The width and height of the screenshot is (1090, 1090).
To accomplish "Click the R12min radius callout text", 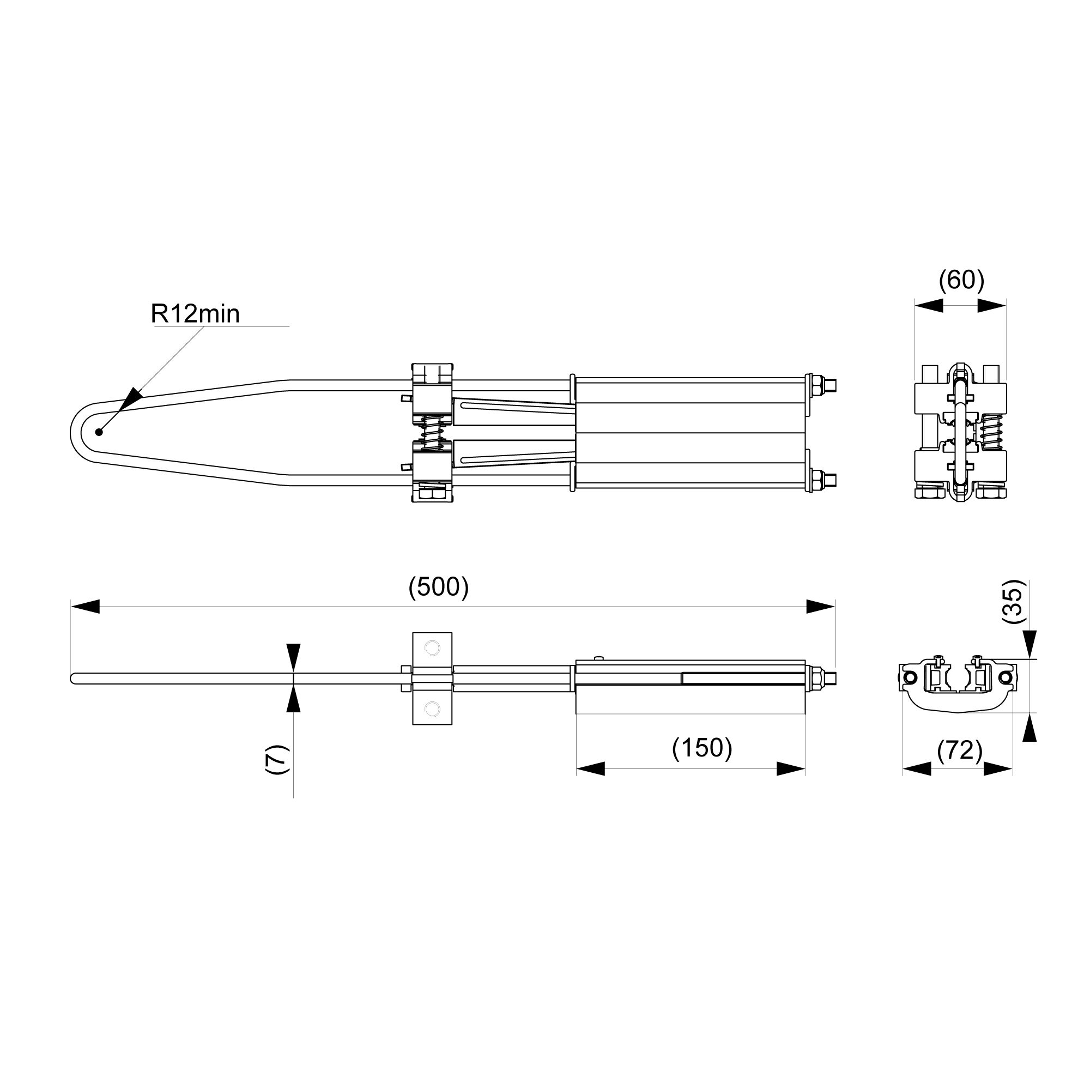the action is [x=195, y=314].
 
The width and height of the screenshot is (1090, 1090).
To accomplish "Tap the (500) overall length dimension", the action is [x=438, y=588].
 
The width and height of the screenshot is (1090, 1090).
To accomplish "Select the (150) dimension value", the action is [x=702, y=748].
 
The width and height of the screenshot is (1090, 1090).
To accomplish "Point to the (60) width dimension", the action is [x=961, y=280].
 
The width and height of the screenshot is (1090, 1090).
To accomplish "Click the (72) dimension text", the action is [x=960, y=750].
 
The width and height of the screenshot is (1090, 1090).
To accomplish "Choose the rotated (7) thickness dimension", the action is [x=277, y=759].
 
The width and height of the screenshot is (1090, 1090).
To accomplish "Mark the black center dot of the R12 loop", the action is [x=99, y=432].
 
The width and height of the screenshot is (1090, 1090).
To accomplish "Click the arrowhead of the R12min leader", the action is [x=130, y=399].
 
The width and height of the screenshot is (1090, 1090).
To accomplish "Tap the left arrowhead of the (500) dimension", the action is [x=85, y=607].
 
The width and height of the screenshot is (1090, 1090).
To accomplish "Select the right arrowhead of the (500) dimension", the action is [x=820, y=607].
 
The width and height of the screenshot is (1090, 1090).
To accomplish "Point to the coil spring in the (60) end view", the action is [x=992, y=432].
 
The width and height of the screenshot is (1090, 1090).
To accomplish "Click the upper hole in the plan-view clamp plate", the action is [x=432, y=648].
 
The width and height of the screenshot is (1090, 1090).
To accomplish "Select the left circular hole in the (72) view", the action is [x=910, y=677].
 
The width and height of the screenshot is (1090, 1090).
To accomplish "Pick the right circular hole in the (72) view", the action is [x=1004, y=677].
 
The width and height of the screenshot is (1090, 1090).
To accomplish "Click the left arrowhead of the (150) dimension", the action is [x=591, y=768].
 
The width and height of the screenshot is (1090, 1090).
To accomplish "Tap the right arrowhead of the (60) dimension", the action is [x=992, y=306].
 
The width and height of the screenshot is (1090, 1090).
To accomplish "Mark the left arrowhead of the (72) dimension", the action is [x=917, y=768].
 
